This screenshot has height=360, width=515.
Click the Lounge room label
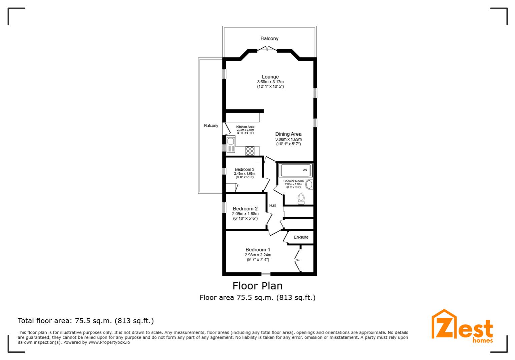(x=270, y=77)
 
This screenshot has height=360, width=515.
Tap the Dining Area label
(x=288, y=134)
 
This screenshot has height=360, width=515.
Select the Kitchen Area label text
(x=245, y=127)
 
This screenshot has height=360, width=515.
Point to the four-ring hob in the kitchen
(x=250, y=151)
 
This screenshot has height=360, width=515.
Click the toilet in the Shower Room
(x=301, y=199)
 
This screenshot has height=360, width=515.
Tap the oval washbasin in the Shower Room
(x=309, y=184)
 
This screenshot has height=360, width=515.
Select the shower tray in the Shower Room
(x=296, y=170)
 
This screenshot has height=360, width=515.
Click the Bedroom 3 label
(x=244, y=169)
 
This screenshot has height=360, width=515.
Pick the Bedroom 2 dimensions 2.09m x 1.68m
(x=245, y=214)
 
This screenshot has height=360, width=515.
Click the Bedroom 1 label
(x=258, y=250)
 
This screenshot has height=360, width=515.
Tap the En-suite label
(x=301, y=237)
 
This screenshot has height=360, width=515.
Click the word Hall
(x=273, y=206)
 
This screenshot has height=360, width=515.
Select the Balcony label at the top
(x=269, y=39)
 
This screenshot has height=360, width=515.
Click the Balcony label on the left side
(x=211, y=126)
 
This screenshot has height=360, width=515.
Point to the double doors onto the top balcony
(x=267, y=49)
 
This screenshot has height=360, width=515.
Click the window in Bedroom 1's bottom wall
(x=266, y=274)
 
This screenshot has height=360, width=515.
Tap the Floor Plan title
(x=257, y=286)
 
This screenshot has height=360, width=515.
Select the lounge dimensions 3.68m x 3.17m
(x=270, y=82)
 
